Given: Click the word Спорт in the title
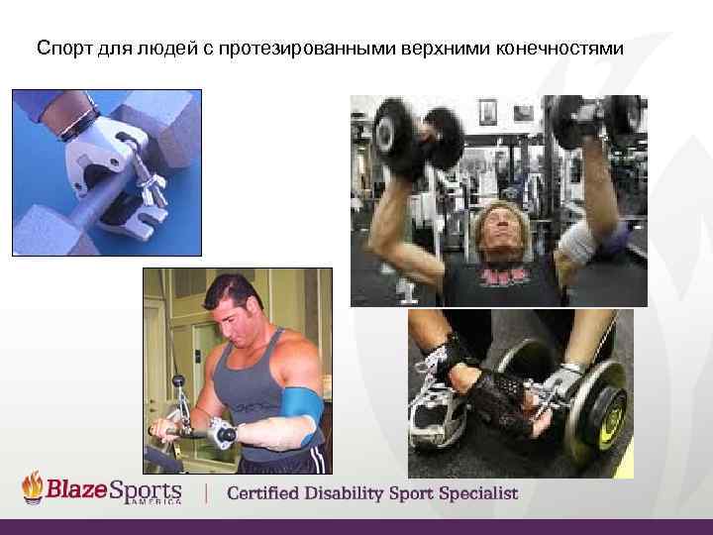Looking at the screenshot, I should pos(61,47).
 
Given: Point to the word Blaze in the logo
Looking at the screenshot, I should pos(76,490).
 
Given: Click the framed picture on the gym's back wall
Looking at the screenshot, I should pos(487,112).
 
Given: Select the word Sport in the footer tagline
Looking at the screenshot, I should pos(408,492).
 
